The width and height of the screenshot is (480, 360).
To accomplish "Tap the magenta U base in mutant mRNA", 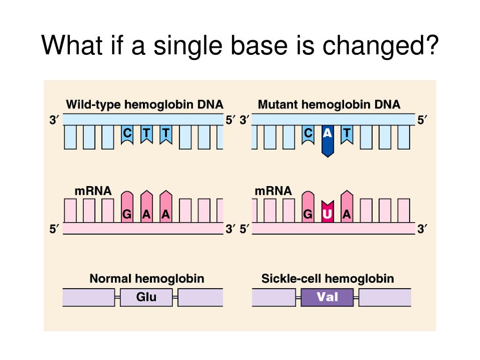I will [328, 213].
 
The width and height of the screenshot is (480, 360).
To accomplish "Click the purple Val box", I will [327, 297].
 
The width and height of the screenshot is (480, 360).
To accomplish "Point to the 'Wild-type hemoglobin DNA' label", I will [144, 104].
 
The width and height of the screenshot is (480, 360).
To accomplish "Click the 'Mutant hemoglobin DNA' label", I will [329, 104].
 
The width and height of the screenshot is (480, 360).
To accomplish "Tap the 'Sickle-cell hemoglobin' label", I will [328, 279].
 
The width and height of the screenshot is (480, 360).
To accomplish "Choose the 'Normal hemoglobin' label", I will [147, 279].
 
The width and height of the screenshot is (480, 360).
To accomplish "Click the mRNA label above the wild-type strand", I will [93, 191].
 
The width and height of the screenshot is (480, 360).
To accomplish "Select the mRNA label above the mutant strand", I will [273, 191].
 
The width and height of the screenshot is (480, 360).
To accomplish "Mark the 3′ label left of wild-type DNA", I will [54, 120].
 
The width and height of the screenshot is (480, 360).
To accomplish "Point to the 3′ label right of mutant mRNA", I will [422, 230].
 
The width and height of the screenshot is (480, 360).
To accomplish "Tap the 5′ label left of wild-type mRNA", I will [54, 230].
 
